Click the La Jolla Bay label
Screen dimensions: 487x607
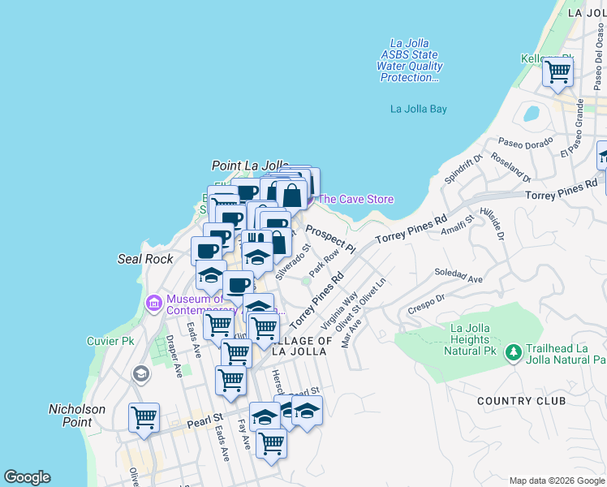pos(418,109)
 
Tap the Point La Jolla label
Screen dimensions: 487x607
pos(250,166)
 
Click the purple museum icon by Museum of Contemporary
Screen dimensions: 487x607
pos(152,304)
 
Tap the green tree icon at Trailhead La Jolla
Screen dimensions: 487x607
pos(512,352)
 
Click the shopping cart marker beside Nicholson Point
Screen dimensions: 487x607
pos(144,418)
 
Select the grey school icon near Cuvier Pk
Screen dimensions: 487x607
pos(141,374)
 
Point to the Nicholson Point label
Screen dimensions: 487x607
pos(77,416)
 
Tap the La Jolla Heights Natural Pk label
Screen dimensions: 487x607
pos(472,339)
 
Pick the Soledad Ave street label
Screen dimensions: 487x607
pos(458,275)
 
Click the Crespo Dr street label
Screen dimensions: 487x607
pos(428,302)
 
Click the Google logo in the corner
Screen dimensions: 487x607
pos(27,477)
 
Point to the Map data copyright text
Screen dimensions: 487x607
pos(557,481)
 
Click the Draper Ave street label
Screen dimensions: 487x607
pos(173,356)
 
